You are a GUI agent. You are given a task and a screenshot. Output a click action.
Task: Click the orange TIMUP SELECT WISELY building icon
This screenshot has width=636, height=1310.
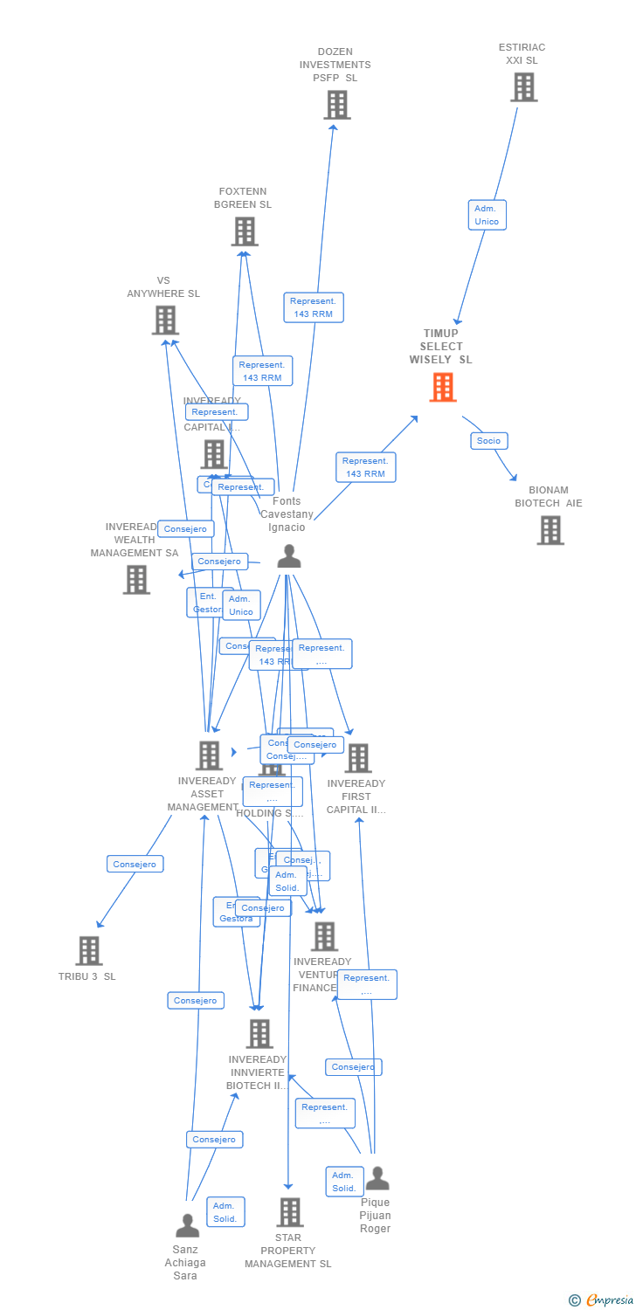pos(443,387)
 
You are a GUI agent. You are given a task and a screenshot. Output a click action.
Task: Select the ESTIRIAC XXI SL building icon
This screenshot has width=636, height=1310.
pos(523,87)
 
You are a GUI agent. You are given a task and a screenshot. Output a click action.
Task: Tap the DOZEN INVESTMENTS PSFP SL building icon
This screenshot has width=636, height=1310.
pos(336,105)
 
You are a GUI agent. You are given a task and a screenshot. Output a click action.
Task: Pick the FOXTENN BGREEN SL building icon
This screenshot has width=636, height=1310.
pos(245,231)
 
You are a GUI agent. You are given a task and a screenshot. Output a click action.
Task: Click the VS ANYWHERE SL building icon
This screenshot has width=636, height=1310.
pos(165,321)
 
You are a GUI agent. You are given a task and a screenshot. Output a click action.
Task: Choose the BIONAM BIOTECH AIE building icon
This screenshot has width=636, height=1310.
pos(550,530)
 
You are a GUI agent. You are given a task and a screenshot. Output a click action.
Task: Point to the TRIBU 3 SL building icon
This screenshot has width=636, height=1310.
pos(89,951)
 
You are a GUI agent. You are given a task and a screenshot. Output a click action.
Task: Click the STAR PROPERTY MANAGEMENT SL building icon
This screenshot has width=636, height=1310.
pos(290,1212)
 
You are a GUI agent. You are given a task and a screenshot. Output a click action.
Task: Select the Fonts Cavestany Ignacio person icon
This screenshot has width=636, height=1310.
pos(289,556)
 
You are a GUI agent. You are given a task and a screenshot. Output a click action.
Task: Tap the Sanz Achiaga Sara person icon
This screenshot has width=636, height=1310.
pos(187,1226)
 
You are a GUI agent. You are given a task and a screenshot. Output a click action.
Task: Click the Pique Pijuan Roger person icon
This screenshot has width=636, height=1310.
pos(377,1179)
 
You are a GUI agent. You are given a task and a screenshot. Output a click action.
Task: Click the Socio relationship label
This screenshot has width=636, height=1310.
pos(488,441)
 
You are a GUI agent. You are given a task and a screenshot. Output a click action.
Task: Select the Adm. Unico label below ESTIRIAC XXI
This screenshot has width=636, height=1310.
pos(487,215)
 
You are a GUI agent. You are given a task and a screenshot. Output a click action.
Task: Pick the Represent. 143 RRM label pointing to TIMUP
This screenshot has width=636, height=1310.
pos(365,467)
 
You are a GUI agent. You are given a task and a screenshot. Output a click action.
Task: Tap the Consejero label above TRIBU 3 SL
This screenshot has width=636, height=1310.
pos(135,864)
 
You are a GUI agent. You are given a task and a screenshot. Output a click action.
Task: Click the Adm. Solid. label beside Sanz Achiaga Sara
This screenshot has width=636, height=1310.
pos(225,1212)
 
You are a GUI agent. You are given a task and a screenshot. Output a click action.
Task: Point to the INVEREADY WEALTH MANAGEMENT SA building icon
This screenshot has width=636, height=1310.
pos(136,580)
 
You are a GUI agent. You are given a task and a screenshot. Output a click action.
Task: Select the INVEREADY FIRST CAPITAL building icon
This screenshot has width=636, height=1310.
pos(357,758)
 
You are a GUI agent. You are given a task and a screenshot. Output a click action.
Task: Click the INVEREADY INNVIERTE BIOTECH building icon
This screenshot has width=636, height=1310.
pos(259,1034)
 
